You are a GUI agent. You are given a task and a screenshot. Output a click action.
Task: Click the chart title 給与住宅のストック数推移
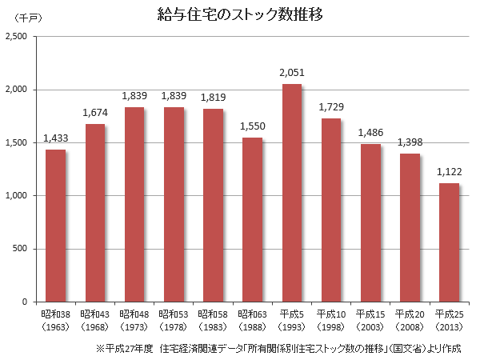click(x=240, y=14)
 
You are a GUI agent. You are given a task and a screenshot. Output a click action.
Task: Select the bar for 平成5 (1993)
click(x=291, y=193)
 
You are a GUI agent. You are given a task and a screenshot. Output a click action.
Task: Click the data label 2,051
click(x=292, y=73)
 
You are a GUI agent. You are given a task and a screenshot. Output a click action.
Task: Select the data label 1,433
click(x=56, y=138)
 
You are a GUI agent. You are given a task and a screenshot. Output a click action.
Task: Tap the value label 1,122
click(x=450, y=171)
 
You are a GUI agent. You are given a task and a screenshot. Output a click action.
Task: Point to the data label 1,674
click(x=95, y=113)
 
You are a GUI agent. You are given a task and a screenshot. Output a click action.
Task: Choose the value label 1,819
click(x=213, y=97)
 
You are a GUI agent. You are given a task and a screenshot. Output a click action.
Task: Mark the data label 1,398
click(x=410, y=142)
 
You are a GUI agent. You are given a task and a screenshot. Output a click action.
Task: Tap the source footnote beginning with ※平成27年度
click(x=278, y=349)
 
